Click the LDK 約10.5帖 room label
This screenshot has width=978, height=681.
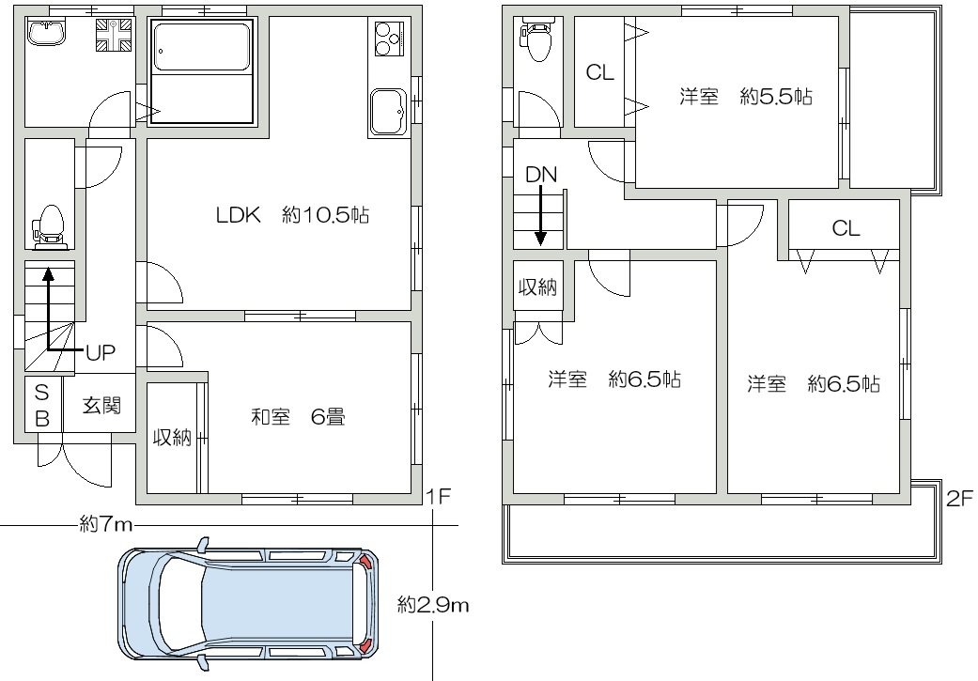pos(292,215)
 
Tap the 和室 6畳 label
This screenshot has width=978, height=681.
pos(298,416)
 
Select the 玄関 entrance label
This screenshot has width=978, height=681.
pos(101,406)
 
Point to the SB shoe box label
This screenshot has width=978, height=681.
pos(41,405)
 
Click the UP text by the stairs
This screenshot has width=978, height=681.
pos(101,352)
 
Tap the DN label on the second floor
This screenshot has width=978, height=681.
pos(541,175)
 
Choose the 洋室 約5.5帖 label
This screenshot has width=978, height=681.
pos(745,97)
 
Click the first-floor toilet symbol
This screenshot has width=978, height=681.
pos(50,227)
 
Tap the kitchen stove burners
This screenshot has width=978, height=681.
pos(389,38)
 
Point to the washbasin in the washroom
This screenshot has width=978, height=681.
pos(46,31)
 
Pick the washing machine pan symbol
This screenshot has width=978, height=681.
pos(114,35)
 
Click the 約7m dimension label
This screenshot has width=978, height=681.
pos(107,525)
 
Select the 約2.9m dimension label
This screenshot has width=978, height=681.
pos(433,604)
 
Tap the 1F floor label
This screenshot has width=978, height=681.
pos(438,496)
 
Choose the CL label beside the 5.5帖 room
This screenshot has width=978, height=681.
pos(600,72)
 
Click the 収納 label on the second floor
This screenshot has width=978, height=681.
pos(537,286)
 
